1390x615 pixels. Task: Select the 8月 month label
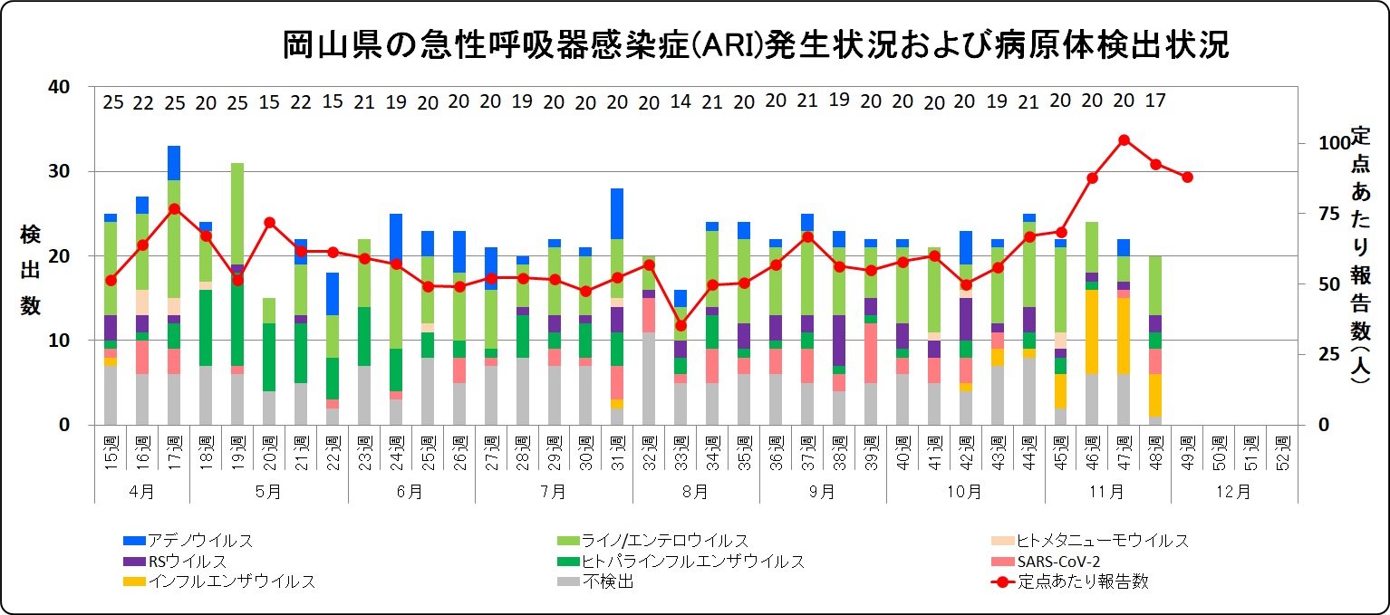(695, 492)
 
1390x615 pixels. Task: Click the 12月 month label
(1233, 492)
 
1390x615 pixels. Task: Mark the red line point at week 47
(1124, 139)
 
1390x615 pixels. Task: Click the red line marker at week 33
(681, 325)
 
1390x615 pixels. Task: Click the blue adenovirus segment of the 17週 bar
(174, 163)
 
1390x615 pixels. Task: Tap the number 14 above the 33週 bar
(681, 101)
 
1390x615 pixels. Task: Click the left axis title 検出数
(31, 271)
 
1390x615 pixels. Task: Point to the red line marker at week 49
(1187, 177)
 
